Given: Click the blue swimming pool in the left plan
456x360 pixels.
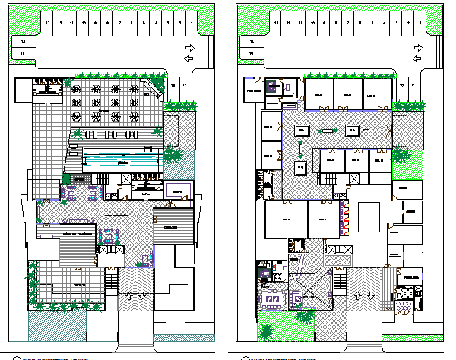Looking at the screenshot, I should coord(122,161).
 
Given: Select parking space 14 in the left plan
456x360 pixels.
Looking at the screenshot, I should coord(24,41).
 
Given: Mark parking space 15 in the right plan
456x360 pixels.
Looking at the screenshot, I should coord(251,53).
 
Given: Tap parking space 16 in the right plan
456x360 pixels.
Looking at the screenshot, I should coord(402,85).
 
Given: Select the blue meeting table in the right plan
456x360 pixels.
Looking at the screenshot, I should coord(271,297).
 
